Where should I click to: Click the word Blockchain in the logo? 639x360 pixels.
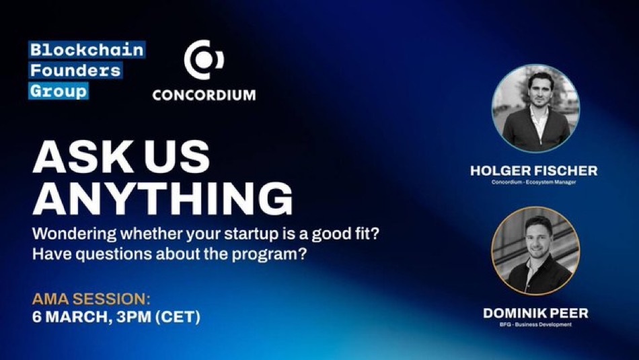87,50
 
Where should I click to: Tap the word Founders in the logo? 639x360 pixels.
75,70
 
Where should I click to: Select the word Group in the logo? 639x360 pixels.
59,91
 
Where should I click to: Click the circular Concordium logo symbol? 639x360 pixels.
204,60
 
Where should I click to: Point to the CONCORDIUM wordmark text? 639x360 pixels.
204,95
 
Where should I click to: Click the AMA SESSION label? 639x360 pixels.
91,299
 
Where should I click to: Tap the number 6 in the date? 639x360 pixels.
37,317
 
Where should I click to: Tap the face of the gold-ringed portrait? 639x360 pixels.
538,236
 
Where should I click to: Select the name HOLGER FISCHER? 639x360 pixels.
534,171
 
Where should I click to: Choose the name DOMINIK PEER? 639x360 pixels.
536,313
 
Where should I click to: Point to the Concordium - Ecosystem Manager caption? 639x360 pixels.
534,182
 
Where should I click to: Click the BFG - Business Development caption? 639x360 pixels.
535,324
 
